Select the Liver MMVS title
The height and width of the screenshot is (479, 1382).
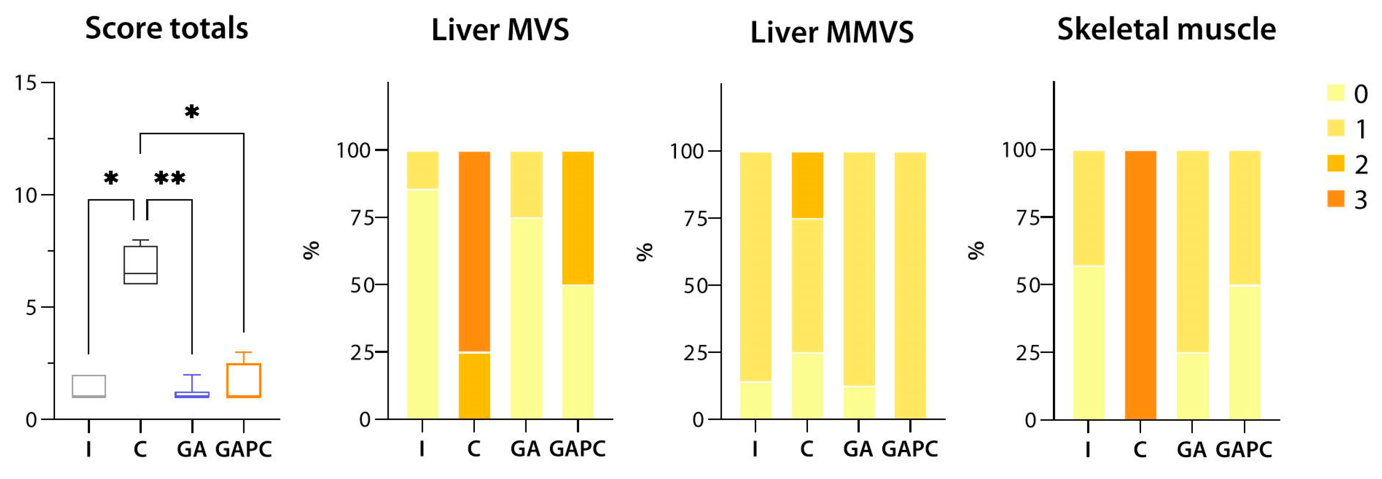(x=832, y=32)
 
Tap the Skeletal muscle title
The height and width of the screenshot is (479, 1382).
(x=1166, y=29)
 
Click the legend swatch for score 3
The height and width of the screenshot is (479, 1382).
(x=1336, y=199)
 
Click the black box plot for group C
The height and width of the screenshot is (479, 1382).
(x=140, y=264)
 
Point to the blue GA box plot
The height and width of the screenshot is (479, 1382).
(x=192, y=394)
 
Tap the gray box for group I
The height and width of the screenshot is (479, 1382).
(x=89, y=386)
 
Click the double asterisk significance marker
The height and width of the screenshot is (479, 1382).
(x=169, y=178)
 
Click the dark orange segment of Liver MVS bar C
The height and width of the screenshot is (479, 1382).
(x=474, y=252)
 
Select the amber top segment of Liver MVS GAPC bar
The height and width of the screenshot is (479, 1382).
(x=578, y=218)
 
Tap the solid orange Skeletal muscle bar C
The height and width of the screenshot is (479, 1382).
(x=1141, y=284)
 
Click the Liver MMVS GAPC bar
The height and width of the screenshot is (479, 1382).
(x=910, y=285)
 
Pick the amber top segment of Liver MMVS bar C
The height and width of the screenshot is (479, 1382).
(x=807, y=185)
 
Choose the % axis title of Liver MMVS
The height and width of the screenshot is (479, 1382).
(x=644, y=251)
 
